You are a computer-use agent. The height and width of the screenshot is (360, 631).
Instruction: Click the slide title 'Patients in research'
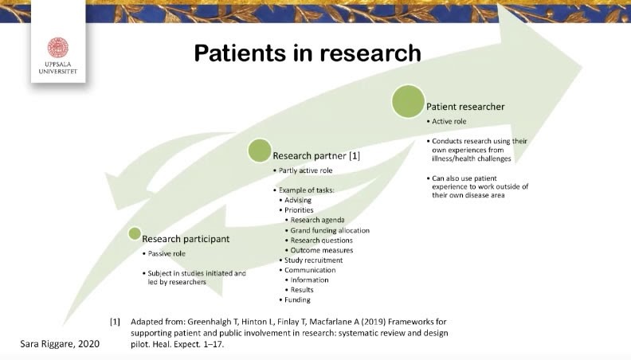tap(308, 53)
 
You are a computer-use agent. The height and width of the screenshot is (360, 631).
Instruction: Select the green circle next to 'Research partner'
tap(260, 151)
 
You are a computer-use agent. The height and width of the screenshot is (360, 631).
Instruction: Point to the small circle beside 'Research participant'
tap(135, 233)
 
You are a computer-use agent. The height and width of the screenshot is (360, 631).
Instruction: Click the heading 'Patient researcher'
tap(465, 106)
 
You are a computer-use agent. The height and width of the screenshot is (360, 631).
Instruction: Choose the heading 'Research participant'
tap(186, 238)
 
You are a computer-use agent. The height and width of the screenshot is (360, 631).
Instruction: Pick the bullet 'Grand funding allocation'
tap(329, 230)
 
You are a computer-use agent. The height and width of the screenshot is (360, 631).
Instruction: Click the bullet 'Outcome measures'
tap(321, 250)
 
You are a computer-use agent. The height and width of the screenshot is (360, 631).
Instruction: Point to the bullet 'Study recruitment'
tap(313, 260)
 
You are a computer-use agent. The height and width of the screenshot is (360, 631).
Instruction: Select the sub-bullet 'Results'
tap(304, 290)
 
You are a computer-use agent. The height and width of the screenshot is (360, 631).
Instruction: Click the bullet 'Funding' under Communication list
tap(299, 300)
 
